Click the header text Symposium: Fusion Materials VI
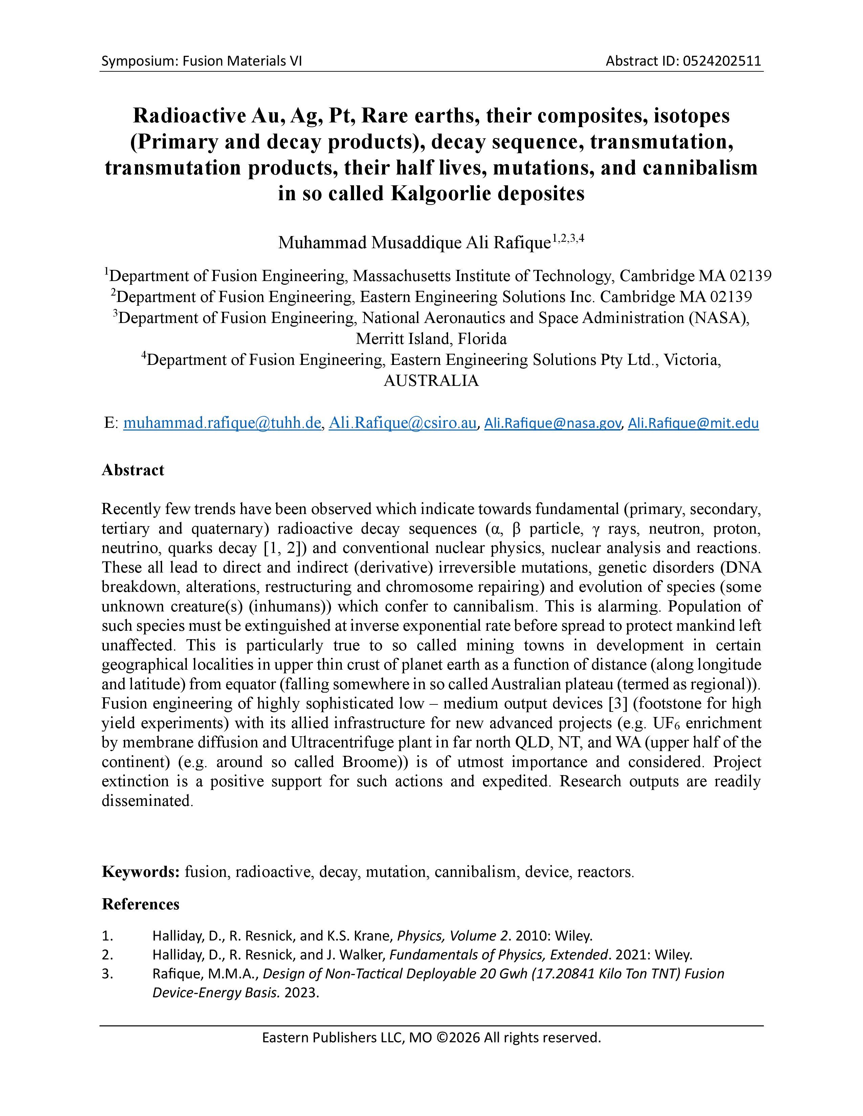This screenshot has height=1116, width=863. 201,61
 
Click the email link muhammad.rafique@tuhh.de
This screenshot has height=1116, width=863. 222,423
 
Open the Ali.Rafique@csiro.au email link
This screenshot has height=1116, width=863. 402,423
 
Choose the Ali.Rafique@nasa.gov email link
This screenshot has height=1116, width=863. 552,423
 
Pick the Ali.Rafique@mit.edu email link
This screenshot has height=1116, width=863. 693,423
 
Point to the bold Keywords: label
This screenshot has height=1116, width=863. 140,872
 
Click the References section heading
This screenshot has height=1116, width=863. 140,904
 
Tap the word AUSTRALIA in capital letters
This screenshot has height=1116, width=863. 431,381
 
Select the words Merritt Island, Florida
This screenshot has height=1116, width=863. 431,339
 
